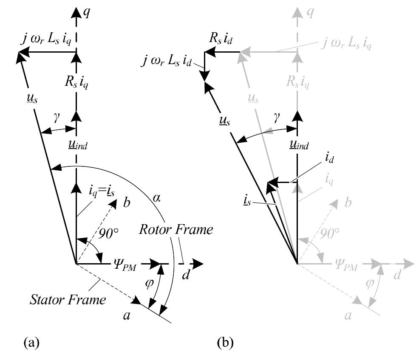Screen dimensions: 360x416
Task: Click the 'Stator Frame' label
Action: tap(68, 300)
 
